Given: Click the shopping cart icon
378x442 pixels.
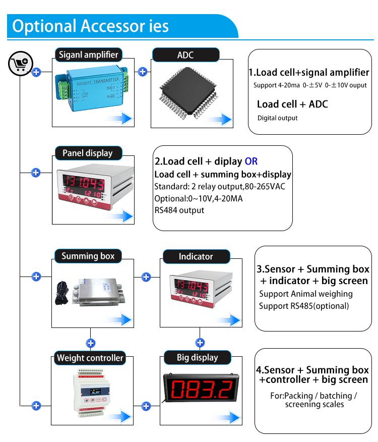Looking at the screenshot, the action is [x=21, y=64].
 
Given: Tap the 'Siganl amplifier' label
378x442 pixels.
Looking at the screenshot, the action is [x=88, y=54].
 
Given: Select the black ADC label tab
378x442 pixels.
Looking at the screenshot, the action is [x=185, y=55].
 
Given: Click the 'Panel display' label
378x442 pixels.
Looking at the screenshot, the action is [x=88, y=153].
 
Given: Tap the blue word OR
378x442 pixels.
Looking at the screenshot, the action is [x=251, y=161].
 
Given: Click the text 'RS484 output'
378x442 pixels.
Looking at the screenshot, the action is [x=179, y=210].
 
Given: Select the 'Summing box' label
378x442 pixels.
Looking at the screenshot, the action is [x=88, y=256].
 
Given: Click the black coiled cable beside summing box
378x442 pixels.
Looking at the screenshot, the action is [x=62, y=293].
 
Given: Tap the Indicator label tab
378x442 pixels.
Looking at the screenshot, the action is [x=197, y=256].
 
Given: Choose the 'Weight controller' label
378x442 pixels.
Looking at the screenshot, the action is [x=90, y=358].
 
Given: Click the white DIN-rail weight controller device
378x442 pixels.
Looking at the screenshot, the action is [x=91, y=393].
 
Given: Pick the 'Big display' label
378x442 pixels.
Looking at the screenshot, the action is [x=197, y=357].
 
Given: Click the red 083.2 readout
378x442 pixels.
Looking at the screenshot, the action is [x=202, y=389].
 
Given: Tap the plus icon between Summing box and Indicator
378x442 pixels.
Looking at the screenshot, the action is [x=146, y=277].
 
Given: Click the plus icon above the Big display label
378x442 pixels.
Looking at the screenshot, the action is [x=200, y=343].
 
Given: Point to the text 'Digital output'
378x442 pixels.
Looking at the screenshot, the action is [x=277, y=118].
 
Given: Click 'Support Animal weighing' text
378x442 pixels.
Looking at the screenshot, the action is [x=306, y=294].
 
